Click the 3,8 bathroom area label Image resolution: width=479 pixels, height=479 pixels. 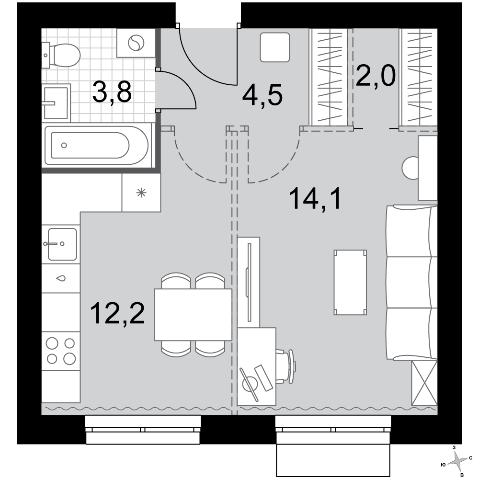(x=112, y=92)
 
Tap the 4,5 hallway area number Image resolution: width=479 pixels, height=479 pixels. (x=262, y=95)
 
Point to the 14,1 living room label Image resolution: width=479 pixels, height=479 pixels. (x=315, y=199)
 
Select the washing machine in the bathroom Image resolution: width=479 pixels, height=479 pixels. (x=136, y=43)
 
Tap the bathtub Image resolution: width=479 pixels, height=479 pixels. (x=97, y=146)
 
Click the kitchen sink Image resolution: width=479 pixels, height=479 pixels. (x=61, y=244)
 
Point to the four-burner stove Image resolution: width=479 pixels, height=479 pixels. (x=61, y=351)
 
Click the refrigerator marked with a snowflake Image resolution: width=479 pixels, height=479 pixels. (x=141, y=193)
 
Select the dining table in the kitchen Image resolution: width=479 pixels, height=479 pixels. (x=193, y=315)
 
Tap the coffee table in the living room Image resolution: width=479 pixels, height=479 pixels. (x=350, y=283)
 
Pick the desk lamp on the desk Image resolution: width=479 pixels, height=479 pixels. (x=250, y=384)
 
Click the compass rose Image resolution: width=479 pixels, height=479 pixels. (x=457, y=461)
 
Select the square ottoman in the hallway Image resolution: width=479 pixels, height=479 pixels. (x=275, y=47)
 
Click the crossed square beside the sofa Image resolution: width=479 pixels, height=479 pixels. (x=424, y=382)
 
